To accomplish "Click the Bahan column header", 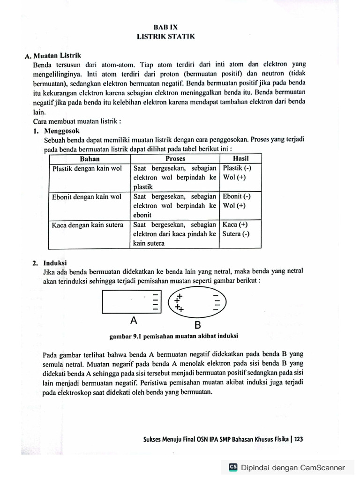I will (x=89, y=159).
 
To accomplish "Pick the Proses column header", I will (x=175, y=159).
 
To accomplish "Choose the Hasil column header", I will (x=240, y=159).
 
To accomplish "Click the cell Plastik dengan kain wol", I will (x=87, y=168).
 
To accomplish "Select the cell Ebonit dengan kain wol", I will (x=87, y=197).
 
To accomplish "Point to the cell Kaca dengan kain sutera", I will (x=88, y=225).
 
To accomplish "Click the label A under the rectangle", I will (x=134, y=321).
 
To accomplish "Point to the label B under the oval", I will (x=197, y=325).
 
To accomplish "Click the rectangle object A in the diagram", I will (x=131, y=302).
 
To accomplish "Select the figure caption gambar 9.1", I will (x=174, y=336).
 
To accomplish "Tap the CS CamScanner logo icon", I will (x=233, y=467).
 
